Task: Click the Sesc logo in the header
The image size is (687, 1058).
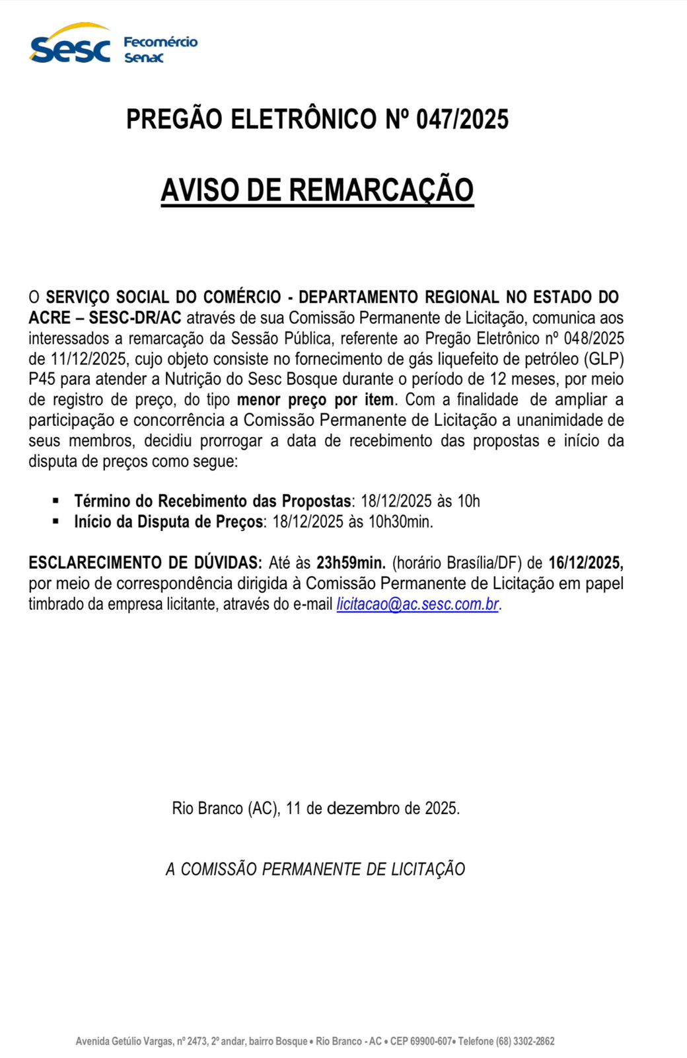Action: click(70, 44)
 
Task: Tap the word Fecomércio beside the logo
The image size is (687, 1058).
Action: click(161, 42)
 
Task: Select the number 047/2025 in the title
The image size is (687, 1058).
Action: click(462, 120)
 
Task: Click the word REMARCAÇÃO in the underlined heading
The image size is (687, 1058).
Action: click(381, 190)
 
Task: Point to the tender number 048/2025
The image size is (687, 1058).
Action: click(594, 339)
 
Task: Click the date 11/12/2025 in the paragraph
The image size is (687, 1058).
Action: click(88, 359)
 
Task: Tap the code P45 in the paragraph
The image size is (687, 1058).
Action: click(42, 380)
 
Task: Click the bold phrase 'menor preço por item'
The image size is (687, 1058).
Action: click(315, 400)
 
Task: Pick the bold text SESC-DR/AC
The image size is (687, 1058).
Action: click(135, 318)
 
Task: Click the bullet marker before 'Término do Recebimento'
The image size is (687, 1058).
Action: click(56, 501)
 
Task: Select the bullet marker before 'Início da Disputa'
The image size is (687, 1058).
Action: click(56, 521)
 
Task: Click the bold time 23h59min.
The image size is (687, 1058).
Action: click(351, 563)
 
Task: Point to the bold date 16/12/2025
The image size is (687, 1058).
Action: click(586, 563)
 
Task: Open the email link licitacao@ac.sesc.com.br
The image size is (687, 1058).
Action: click(417, 604)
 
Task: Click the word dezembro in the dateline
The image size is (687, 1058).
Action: click(363, 808)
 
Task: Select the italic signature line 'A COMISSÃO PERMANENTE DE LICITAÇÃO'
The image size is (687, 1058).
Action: click(316, 869)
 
